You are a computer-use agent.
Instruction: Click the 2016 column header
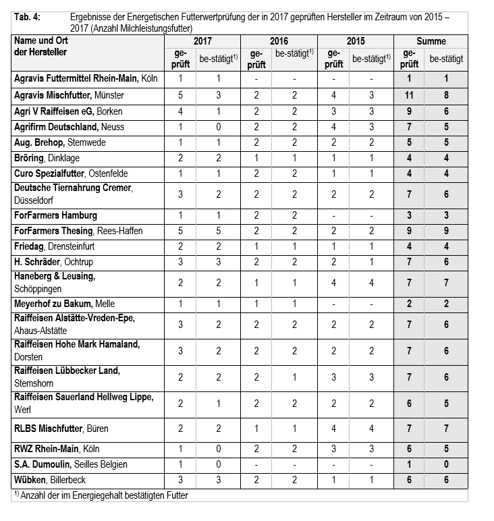279,41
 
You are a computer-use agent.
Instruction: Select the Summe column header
431,41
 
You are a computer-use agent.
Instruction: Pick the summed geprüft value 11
409,95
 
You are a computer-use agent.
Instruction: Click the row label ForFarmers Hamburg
55,215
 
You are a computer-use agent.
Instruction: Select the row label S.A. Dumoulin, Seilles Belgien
79,464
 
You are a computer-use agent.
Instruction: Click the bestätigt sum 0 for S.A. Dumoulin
446,464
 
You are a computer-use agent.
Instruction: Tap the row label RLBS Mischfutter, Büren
61,429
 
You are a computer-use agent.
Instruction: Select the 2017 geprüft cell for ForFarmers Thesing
180,231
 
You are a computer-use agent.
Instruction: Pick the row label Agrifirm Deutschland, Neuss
69,127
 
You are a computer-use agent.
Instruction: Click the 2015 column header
355,41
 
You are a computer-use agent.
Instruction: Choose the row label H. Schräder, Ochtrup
55,261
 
